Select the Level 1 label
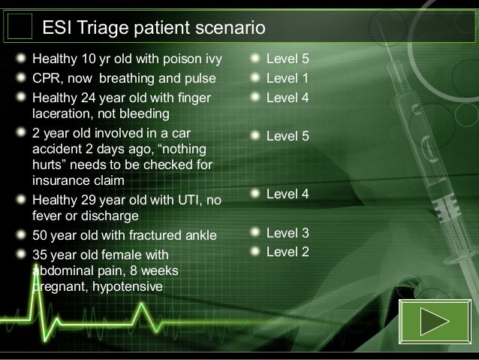point(288,77)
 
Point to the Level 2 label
point(288,252)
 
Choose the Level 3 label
point(288,233)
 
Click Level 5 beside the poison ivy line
point(288,59)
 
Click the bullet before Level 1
point(255,77)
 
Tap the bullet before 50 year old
point(22,236)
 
